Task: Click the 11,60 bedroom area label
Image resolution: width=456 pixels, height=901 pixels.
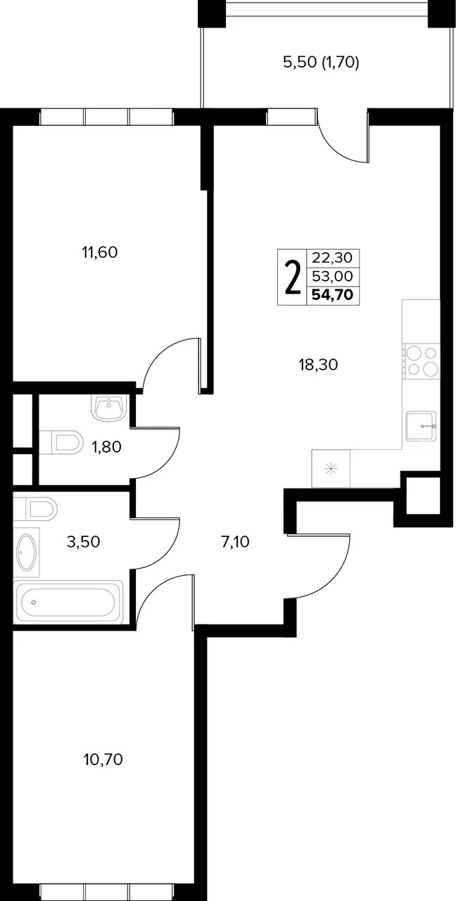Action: pos(99,253)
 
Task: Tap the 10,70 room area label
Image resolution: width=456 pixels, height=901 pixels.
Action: pos(103,760)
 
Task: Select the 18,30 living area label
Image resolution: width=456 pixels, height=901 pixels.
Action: pos(318,365)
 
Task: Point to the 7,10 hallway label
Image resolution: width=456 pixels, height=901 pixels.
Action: pos(235,542)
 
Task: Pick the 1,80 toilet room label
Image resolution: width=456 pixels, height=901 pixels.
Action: pos(107,447)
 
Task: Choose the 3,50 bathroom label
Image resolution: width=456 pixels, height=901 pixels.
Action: pos(83,542)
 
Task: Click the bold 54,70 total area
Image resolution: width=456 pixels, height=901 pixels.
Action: pos(333,295)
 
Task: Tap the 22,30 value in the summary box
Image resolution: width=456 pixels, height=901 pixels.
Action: pos(333,258)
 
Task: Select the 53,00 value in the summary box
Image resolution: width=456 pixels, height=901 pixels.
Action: pos(333,277)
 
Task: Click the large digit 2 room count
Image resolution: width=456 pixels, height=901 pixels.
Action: pos(293,277)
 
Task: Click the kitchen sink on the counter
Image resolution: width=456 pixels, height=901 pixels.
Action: pos(421,426)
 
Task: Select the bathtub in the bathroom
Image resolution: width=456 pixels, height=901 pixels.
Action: pos(68,602)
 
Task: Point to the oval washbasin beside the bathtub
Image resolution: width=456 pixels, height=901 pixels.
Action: pos(26,553)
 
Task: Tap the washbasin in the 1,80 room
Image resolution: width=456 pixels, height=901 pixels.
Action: pos(109,408)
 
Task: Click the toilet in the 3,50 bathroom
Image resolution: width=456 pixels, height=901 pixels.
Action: pos(35,508)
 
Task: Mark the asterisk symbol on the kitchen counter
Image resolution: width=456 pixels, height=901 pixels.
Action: pos(331,469)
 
